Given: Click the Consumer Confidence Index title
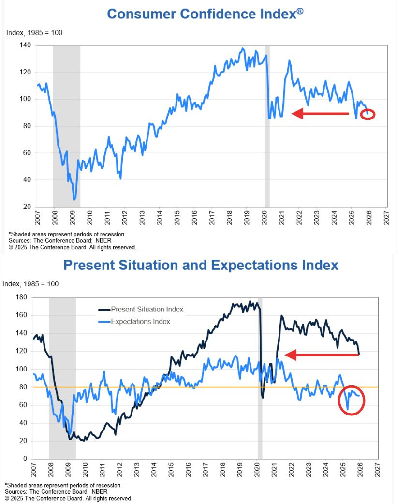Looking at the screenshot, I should (x=205, y=14).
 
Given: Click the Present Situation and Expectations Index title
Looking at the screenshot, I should (x=201, y=265).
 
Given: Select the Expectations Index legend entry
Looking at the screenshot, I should (x=140, y=322).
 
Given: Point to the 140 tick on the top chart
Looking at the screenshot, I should (x=25, y=45).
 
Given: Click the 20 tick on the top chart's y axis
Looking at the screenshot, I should (x=27, y=207).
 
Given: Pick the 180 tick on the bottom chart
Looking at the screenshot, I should (x=22, y=297).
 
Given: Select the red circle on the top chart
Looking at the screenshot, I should (x=368, y=115).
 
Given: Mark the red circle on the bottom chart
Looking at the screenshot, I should (x=351, y=400).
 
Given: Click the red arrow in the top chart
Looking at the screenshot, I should (x=320, y=114).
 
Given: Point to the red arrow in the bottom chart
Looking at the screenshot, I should (x=322, y=355).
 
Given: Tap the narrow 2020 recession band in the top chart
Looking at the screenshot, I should (x=267, y=126).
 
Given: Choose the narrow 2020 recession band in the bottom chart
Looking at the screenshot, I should (x=260, y=377).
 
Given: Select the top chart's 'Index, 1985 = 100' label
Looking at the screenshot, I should (x=34, y=33).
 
